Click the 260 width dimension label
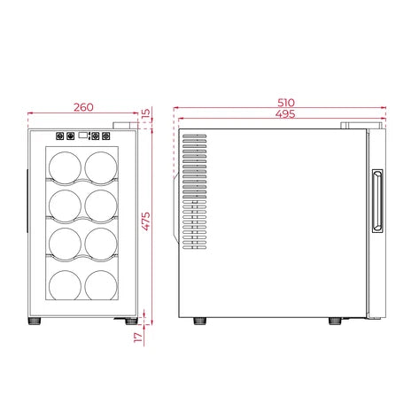[x=82, y=107]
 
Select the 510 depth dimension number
[x=284, y=102]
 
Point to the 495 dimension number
[x=284, y=114]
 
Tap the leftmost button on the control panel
[x=60, y=137]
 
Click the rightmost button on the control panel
[x=111, y=137]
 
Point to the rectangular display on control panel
[x=85, y=137]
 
